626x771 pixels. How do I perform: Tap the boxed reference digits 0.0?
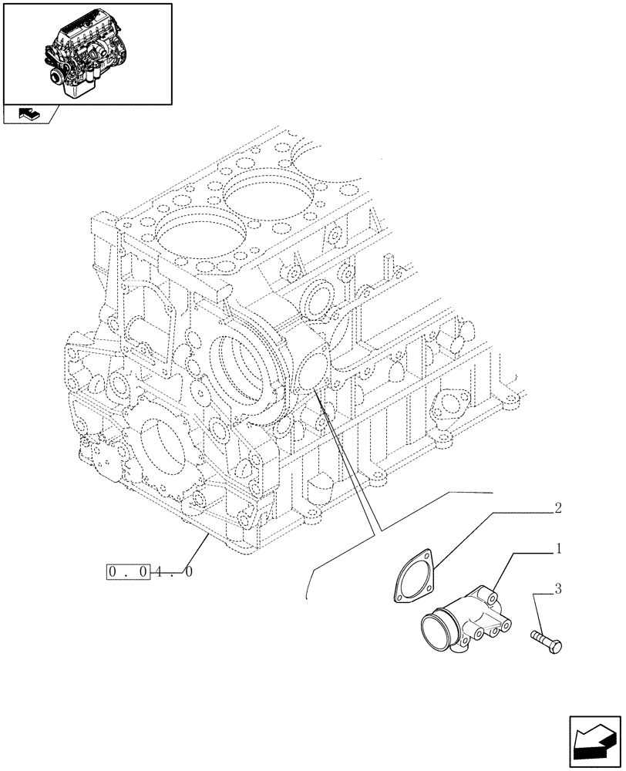tap(127, 573)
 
